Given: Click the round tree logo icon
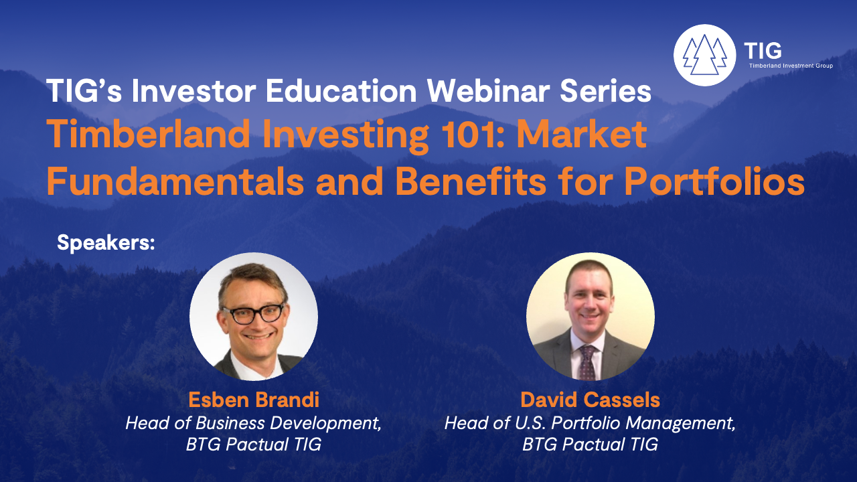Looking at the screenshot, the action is point(704,55).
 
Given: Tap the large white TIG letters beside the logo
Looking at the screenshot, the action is point(763,50).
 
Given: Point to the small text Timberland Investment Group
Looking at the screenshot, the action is point(791,66).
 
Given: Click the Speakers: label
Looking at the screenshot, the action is point(106,242).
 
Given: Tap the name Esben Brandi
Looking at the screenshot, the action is point(254,400).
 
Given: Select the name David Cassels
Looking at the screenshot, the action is point(590,400).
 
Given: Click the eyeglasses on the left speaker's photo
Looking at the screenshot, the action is point(254,313).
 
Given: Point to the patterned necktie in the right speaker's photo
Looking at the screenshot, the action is point(587,362).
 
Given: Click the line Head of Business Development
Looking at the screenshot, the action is point(254,423).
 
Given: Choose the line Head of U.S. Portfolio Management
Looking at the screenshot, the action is point(590,423).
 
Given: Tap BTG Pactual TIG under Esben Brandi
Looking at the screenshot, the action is point(254,445).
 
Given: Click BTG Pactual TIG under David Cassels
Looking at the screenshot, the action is point(590,445).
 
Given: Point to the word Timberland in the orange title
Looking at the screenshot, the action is point(149,134).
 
